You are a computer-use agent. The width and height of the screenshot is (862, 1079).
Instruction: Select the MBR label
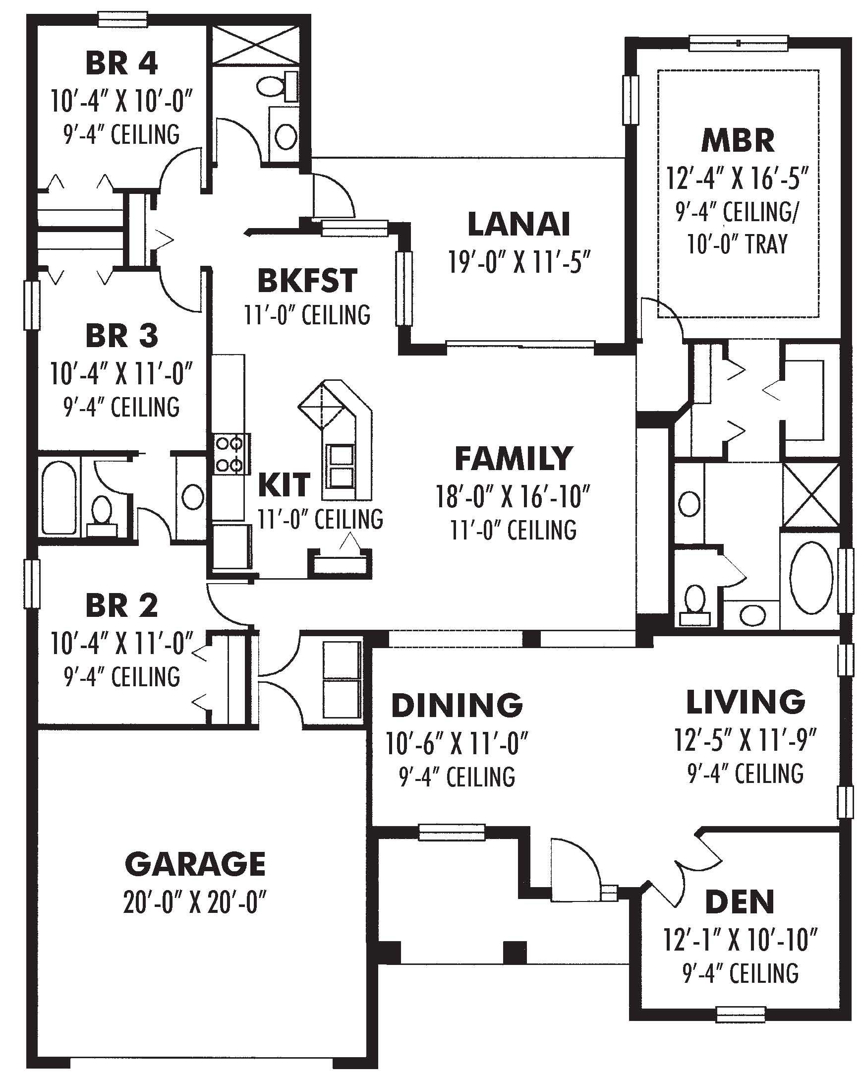tap(738, 141)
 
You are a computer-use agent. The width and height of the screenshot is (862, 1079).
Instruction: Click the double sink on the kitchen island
tap(340, 466)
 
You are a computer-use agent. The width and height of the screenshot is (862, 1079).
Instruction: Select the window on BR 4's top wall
tap(122, 19)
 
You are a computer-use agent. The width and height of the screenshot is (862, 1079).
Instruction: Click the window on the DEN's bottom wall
tap(741, 1014)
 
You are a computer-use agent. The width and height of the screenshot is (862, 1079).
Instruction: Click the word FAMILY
tap(514, 458)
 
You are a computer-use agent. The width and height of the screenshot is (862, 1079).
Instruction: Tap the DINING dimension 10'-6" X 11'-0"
tap(457, 744)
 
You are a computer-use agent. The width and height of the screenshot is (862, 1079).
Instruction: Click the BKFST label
tap(307, 281)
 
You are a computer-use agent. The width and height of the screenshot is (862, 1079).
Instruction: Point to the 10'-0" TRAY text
tap(738, 244)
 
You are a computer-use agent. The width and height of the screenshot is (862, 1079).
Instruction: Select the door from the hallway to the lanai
tap(333, 197)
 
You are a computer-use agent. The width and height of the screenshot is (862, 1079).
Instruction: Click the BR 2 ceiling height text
tap(122, 677)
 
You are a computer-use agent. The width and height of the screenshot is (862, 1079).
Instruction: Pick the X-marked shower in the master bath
tap(810, 495)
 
